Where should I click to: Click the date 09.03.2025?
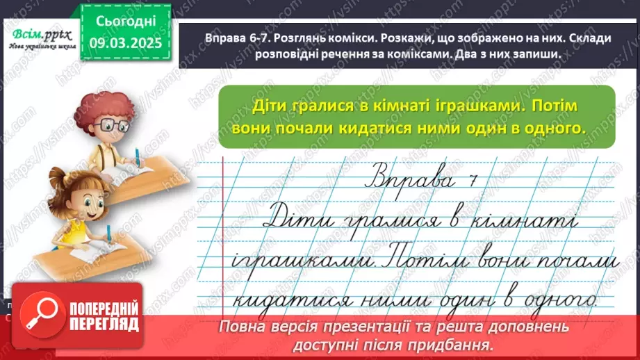pyautogui.click(x=125, y=42)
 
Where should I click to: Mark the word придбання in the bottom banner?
pyautogui.click(x=464, y=344)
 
